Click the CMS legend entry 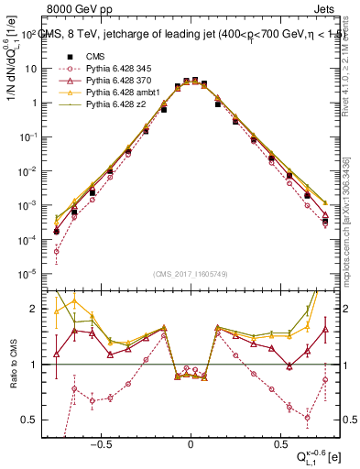tap(95, 55)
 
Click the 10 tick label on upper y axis tap(31, 69)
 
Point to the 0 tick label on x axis tap(191, 442)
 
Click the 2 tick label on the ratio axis tap(34, 309)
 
